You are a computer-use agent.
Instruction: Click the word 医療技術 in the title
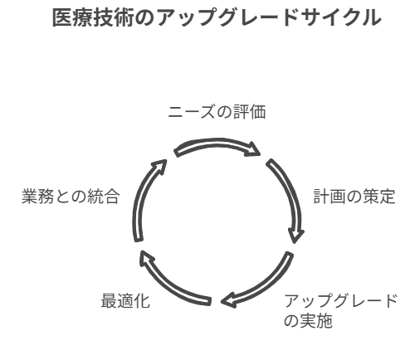pyautogui.click(x=93, y=17)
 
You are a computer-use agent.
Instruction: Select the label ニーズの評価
pyautogui.click(x=217, y=112)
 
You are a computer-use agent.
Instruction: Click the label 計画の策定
pyautogui.click(x=354, y=197)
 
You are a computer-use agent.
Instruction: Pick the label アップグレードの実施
pyautogui.click(x=341, y=311)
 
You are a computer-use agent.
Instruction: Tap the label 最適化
pyautogui.click(x=125, y=301)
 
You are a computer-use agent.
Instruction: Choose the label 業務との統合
pyautogui.click(x=71, y=197)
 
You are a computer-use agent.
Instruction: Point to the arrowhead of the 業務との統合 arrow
pyautogui.click(x=159, y=165)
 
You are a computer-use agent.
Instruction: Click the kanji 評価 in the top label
pyautogui.click(x=250, y=112)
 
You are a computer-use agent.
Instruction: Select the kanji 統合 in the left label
pyautogui.click(x=104, y=197)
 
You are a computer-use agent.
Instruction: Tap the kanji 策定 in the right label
pyautogui.click(x=379, y=197)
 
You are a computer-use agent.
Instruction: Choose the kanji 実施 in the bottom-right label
pyautogui.click(x=316, y=321)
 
